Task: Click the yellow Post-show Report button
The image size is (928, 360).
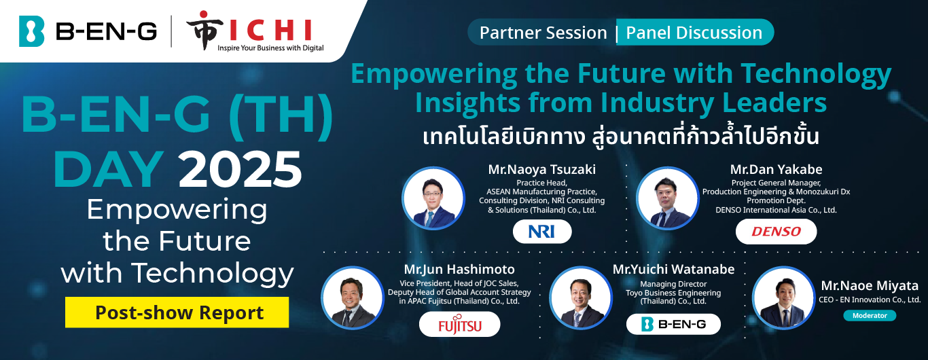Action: (x=177, y=312)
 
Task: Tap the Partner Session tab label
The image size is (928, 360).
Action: (x=543, y=33)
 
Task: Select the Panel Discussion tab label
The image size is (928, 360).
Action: (x=694, y=33)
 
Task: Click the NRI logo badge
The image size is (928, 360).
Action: (x=542, y=232)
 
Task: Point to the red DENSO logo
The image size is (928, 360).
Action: (x=776, y=232)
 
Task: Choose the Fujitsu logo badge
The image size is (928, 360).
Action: (x=459, y=325)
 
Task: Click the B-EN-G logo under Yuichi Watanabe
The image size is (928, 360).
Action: (x=673, y=324)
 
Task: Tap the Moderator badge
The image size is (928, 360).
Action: (x=870, y=315)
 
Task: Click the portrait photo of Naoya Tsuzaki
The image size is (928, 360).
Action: (x=433, y=198)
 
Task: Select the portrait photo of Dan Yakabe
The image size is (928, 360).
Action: (x=667, y=198)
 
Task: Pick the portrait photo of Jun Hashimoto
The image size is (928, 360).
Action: (x=353, y=298)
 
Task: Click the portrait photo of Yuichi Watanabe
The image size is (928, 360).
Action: (x=581, y=298)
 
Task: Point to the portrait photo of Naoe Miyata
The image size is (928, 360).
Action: (x=783, y=298)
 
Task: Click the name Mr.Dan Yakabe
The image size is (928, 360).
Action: (x=776, y=169)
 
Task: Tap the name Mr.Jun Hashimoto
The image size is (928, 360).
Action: (x=459, y=269)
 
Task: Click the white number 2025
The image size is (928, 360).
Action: (x=240, y=169)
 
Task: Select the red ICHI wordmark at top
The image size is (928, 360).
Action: (x=270, y=30)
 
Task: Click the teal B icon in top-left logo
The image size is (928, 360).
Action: (x=31, y=31)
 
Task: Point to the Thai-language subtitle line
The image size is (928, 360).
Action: (x=621, y=136)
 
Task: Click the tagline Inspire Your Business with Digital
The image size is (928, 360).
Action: (x=270, y=48)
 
